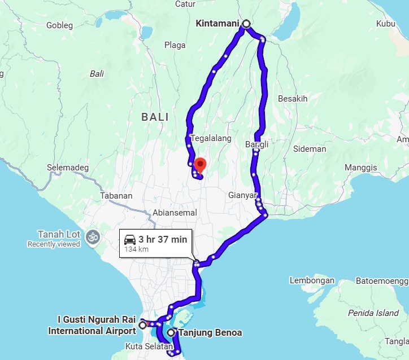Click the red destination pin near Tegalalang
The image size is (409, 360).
coord(199,165)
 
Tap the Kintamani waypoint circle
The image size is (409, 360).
coord(246,24)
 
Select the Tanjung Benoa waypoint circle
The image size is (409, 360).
coord(171,333)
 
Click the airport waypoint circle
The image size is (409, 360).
coord(142,325)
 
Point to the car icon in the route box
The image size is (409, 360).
coord(129,239)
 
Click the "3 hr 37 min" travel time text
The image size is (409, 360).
coord(163,239)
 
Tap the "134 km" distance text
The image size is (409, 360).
coord(136,249)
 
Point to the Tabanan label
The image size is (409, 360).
coord(116,196)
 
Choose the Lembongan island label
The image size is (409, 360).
coord(312,280)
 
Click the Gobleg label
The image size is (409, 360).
coord(60,25)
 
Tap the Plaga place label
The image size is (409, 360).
coord(175,45)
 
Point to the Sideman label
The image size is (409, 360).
coord(310,149)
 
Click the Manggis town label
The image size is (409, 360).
coord(360,168)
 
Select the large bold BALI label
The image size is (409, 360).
coord(155,117)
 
